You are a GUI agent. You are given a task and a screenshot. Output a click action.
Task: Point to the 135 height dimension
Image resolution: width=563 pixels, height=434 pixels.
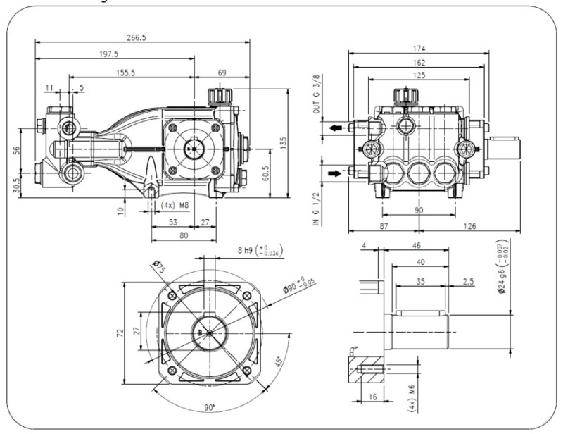coord(284,141)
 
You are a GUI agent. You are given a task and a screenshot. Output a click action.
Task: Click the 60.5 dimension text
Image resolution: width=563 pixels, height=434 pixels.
coord(265,173)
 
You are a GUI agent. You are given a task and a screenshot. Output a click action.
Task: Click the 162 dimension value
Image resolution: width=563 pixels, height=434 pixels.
coord(421,62)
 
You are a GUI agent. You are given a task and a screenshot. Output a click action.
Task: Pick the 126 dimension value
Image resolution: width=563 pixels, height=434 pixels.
coord(470,226)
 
